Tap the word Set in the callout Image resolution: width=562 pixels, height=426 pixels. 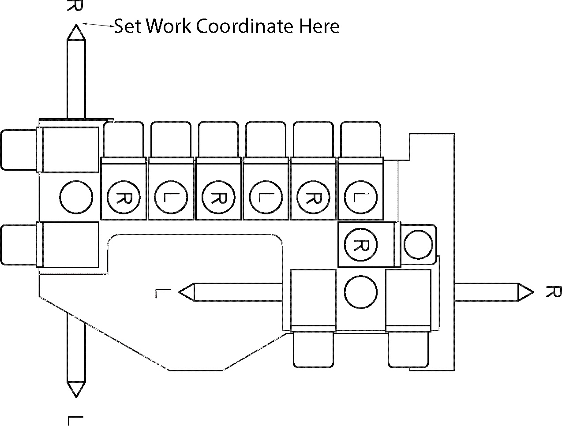(128, 26)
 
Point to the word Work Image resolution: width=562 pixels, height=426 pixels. (169, 26)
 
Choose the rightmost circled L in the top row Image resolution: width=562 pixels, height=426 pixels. (360, 197)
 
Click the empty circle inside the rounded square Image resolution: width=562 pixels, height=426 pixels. (418, 245)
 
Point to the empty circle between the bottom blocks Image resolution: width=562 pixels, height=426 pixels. (360, 292)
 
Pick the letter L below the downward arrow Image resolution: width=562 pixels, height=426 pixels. (75, 420)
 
